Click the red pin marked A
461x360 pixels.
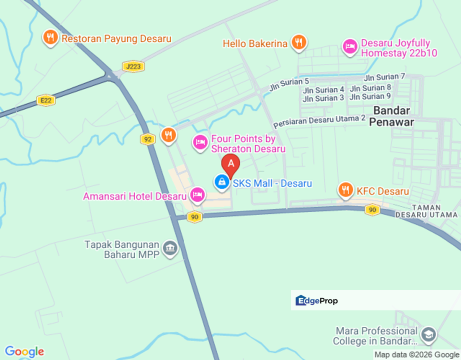[x=231, y=164]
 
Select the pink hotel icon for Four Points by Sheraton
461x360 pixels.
[x=200, y=142]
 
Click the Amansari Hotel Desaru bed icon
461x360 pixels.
[x=197, y=195]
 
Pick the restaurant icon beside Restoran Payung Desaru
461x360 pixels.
[x=50, y=37]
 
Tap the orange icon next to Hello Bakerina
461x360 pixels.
[x=299, y=42]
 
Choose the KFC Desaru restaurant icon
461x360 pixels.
[x=345, y=190]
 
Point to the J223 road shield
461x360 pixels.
[x=133, y=66]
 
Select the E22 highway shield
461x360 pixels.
[x=46, y=100]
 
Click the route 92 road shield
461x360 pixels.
[x=147, y=139]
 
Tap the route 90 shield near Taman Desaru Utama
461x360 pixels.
[x=372, y=210]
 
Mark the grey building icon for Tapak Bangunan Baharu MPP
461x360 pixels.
[x=170, y=248]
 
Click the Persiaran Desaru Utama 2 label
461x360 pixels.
[x=319, y=121]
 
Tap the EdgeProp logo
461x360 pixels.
[x=317, y=300]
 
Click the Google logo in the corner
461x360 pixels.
[x=24, y=352]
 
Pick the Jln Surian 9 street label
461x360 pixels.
[x=370, y=96]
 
